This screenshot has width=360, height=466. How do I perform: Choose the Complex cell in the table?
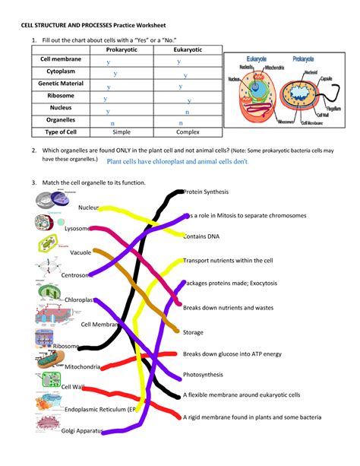[x=182, y=132]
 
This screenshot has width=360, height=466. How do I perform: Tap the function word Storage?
[x=194, y=332]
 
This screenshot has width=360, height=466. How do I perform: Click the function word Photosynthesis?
[x=204, y=375]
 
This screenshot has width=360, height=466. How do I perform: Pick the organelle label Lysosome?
[x=78, y=228]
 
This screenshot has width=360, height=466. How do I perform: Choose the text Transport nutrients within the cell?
[x=228, y=260]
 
